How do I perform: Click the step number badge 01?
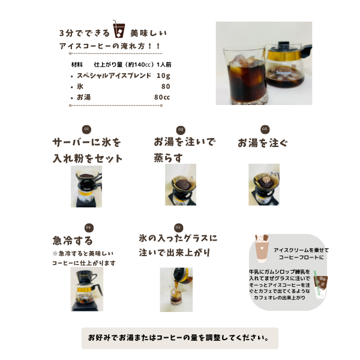[86, 129]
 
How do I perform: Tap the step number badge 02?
[181, 130]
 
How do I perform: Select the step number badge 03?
[265, 129]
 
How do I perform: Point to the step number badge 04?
[89, 227]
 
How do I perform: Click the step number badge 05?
[178, 227]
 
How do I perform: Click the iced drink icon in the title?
[118, 29]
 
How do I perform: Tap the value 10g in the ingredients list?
[163, 76]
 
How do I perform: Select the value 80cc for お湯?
[162, 97]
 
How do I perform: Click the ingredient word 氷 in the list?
[80, 86]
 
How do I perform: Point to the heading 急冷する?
[73, 241]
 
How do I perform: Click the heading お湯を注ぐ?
[263, 143]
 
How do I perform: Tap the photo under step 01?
[86, 187]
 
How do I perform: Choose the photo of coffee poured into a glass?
[176, 290]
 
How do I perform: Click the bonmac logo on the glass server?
[284, 73]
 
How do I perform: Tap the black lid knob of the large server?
[284, 44]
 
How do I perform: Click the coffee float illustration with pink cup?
[262, 248]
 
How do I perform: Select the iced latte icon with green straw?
[320, 284]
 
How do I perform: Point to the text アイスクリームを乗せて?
[301, 250]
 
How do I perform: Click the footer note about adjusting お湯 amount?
[178, 338]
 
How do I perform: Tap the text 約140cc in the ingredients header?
[140, 65]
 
